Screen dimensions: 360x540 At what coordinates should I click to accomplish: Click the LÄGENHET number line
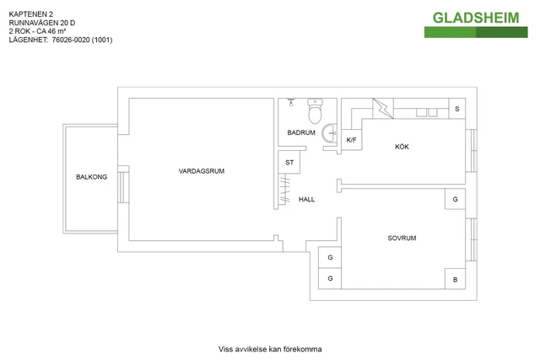[60, 40]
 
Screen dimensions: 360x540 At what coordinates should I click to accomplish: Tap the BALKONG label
[91, 177]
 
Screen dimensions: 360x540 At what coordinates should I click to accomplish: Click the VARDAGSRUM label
[202, 171]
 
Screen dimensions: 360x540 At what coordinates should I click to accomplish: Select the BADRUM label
[301, 133]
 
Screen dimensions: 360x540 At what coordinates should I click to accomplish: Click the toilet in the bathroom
[316, 113]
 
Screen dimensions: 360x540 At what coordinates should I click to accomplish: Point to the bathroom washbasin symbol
[331, 132]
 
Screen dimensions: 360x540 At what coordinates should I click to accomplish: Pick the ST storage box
[289, 162]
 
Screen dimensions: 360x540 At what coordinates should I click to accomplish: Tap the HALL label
[306, 200]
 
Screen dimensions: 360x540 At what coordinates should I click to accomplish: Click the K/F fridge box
[351, 139]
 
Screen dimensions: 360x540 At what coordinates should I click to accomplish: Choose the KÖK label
[402, 148]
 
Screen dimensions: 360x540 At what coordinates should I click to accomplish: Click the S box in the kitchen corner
[456, 109]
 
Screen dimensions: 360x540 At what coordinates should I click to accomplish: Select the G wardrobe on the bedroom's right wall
[456, 200]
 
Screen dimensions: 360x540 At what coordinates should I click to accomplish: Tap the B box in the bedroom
[456, 279]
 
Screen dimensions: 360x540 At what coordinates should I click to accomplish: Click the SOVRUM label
[402, 239]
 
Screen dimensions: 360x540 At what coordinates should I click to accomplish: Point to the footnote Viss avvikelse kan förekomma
[270, 349]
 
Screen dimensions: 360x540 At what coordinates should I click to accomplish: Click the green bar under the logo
[476, 32]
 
